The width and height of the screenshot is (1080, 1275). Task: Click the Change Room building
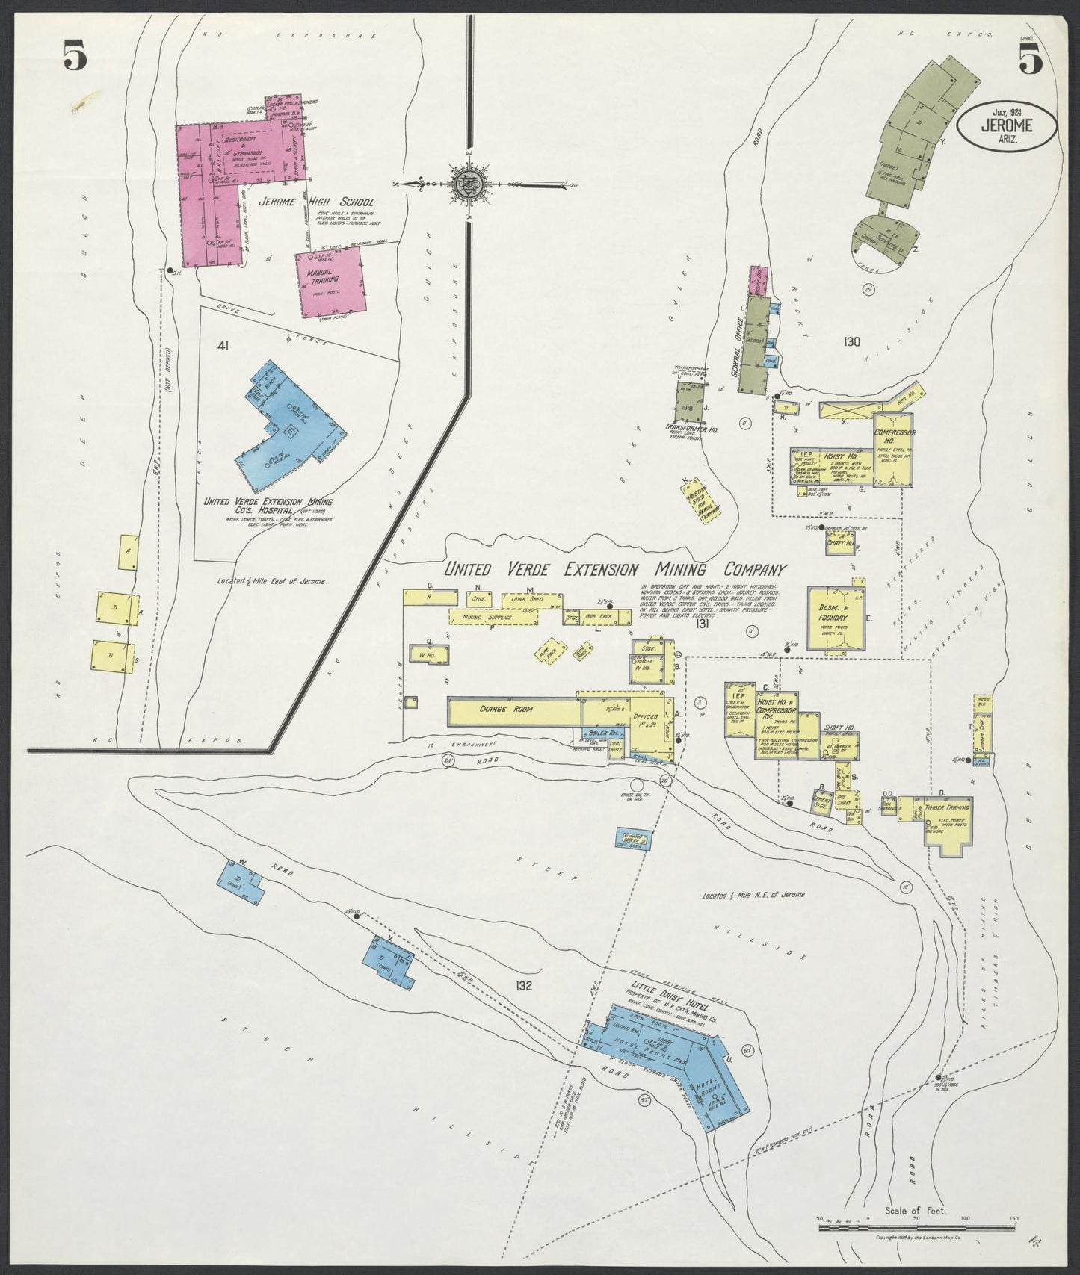[x=511, y=710]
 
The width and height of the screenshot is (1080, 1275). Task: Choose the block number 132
[x=522, y=986]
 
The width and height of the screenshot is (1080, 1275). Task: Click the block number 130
[x=851, y=342]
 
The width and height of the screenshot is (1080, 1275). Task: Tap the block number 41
[x=223, y=345]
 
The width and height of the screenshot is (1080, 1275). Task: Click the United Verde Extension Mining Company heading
[x=616, y=569]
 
